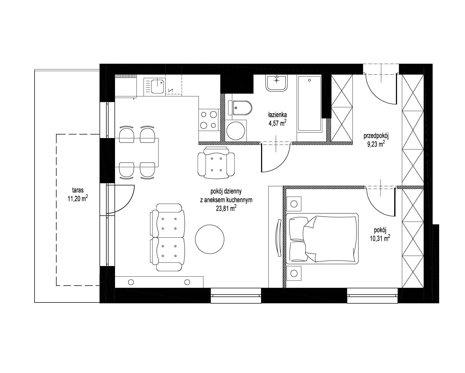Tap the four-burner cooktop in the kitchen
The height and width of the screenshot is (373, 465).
209,120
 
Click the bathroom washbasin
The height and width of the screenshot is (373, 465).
277,83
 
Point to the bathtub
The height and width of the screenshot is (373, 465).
309,104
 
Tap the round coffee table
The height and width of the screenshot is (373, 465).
210,239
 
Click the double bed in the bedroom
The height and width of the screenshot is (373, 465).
322,239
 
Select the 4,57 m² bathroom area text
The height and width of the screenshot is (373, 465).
277,123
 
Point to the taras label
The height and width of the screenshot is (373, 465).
78,190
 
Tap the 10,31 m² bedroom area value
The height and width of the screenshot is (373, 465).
380,239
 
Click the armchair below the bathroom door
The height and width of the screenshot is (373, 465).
216,163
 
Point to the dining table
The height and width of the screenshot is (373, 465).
137,152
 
